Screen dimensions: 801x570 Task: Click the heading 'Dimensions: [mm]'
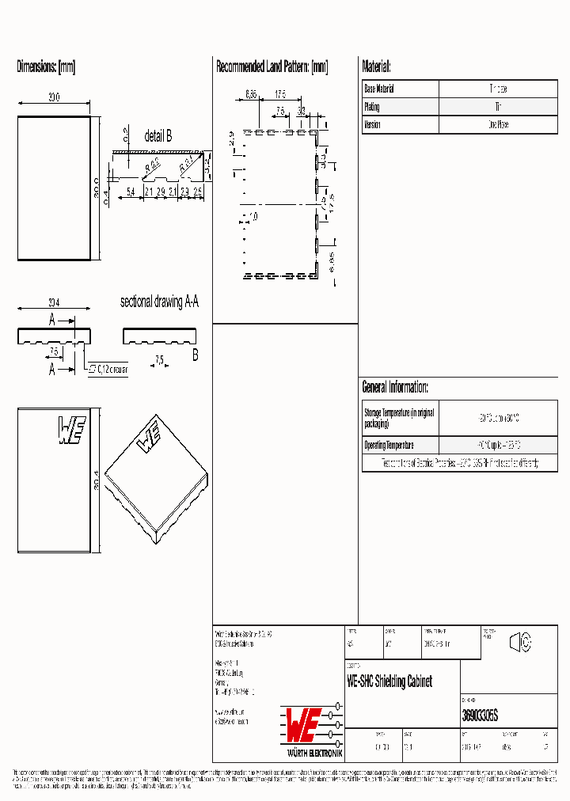(46, 67)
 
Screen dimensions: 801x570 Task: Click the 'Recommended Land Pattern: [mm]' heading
(272, 67)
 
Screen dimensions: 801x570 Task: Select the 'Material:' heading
(376, 67)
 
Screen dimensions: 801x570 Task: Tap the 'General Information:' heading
(395, 387)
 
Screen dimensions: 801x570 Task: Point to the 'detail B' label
(158, 136)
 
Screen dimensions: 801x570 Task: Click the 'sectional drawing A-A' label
(159, 302)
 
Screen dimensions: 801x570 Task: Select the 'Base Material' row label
(379, 89)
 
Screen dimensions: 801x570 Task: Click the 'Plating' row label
(371, 107)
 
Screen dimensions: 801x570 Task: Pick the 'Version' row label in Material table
(372, 124)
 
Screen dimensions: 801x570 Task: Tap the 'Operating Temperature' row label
(388, 445)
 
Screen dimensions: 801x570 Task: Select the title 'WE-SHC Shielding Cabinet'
(389, 681)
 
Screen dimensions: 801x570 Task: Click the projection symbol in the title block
(519, 643)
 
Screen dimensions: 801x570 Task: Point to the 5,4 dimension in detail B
(131, 192)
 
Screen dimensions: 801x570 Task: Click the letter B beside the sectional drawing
(195, 355)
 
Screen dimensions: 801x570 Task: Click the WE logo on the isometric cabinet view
(148, 438)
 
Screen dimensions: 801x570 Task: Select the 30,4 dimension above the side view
(54, 302)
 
